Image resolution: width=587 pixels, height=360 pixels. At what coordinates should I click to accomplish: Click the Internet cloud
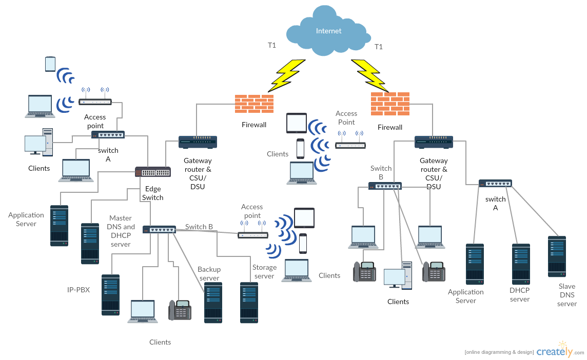point(328,32)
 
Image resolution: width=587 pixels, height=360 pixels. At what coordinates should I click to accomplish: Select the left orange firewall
point(254,104)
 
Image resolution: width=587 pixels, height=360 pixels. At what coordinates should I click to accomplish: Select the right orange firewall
point(390,104)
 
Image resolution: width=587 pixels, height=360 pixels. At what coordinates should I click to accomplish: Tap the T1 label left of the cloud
point(272,46)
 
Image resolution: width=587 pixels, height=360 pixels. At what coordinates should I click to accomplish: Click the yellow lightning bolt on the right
point(369,74)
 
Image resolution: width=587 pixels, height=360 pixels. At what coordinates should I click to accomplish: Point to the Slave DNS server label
point(567,295)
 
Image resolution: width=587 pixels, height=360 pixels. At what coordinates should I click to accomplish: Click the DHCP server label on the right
point(519,294)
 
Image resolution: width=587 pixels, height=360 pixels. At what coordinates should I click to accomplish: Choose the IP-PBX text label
point(79,290)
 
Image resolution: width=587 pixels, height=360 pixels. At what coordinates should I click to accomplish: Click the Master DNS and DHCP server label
point(121,231)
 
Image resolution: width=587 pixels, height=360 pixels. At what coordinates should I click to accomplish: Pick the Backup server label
point(209,274)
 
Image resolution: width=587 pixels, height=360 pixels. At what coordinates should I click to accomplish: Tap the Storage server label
point(264,272)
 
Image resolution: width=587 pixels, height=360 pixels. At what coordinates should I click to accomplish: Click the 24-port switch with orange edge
point(153,172)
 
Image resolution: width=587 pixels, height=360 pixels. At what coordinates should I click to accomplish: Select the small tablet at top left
point(50,64)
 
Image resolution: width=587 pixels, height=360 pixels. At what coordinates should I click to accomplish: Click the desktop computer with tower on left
point(38,142)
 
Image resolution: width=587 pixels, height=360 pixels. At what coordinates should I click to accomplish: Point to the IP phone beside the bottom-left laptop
point(180,310)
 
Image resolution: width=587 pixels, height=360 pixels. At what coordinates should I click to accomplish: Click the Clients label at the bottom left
point(160,342)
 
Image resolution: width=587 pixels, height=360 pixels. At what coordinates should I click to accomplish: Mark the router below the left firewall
point(198,142)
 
